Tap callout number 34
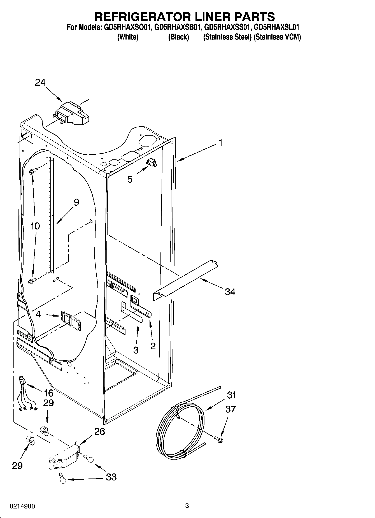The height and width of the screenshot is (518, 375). point(230,292)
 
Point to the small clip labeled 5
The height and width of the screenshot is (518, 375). point(152,162)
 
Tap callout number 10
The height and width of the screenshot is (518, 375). point(35,226)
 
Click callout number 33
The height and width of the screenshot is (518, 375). point(111,477)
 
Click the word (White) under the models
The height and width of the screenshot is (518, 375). point(127,37)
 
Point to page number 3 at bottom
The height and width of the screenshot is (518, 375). point(187,506)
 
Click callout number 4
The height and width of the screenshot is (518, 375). point(38,314)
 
